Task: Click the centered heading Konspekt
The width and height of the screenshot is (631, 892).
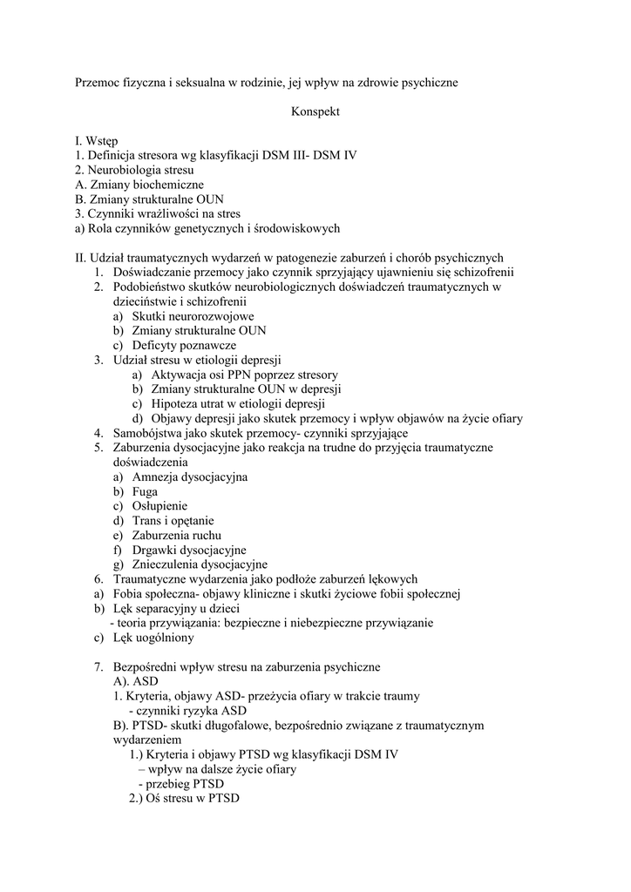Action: (x=315, y=111)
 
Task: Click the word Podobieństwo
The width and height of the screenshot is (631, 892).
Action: (x=153, y=287)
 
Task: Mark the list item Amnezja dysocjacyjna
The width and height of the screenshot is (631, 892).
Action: (x=190, y=476)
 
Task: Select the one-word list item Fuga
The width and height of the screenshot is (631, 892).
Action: (x=146, y=491)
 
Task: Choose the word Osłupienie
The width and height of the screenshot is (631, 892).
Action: (x=159, y=506)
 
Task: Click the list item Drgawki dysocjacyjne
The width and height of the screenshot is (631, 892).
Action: (x=189, y=550)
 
